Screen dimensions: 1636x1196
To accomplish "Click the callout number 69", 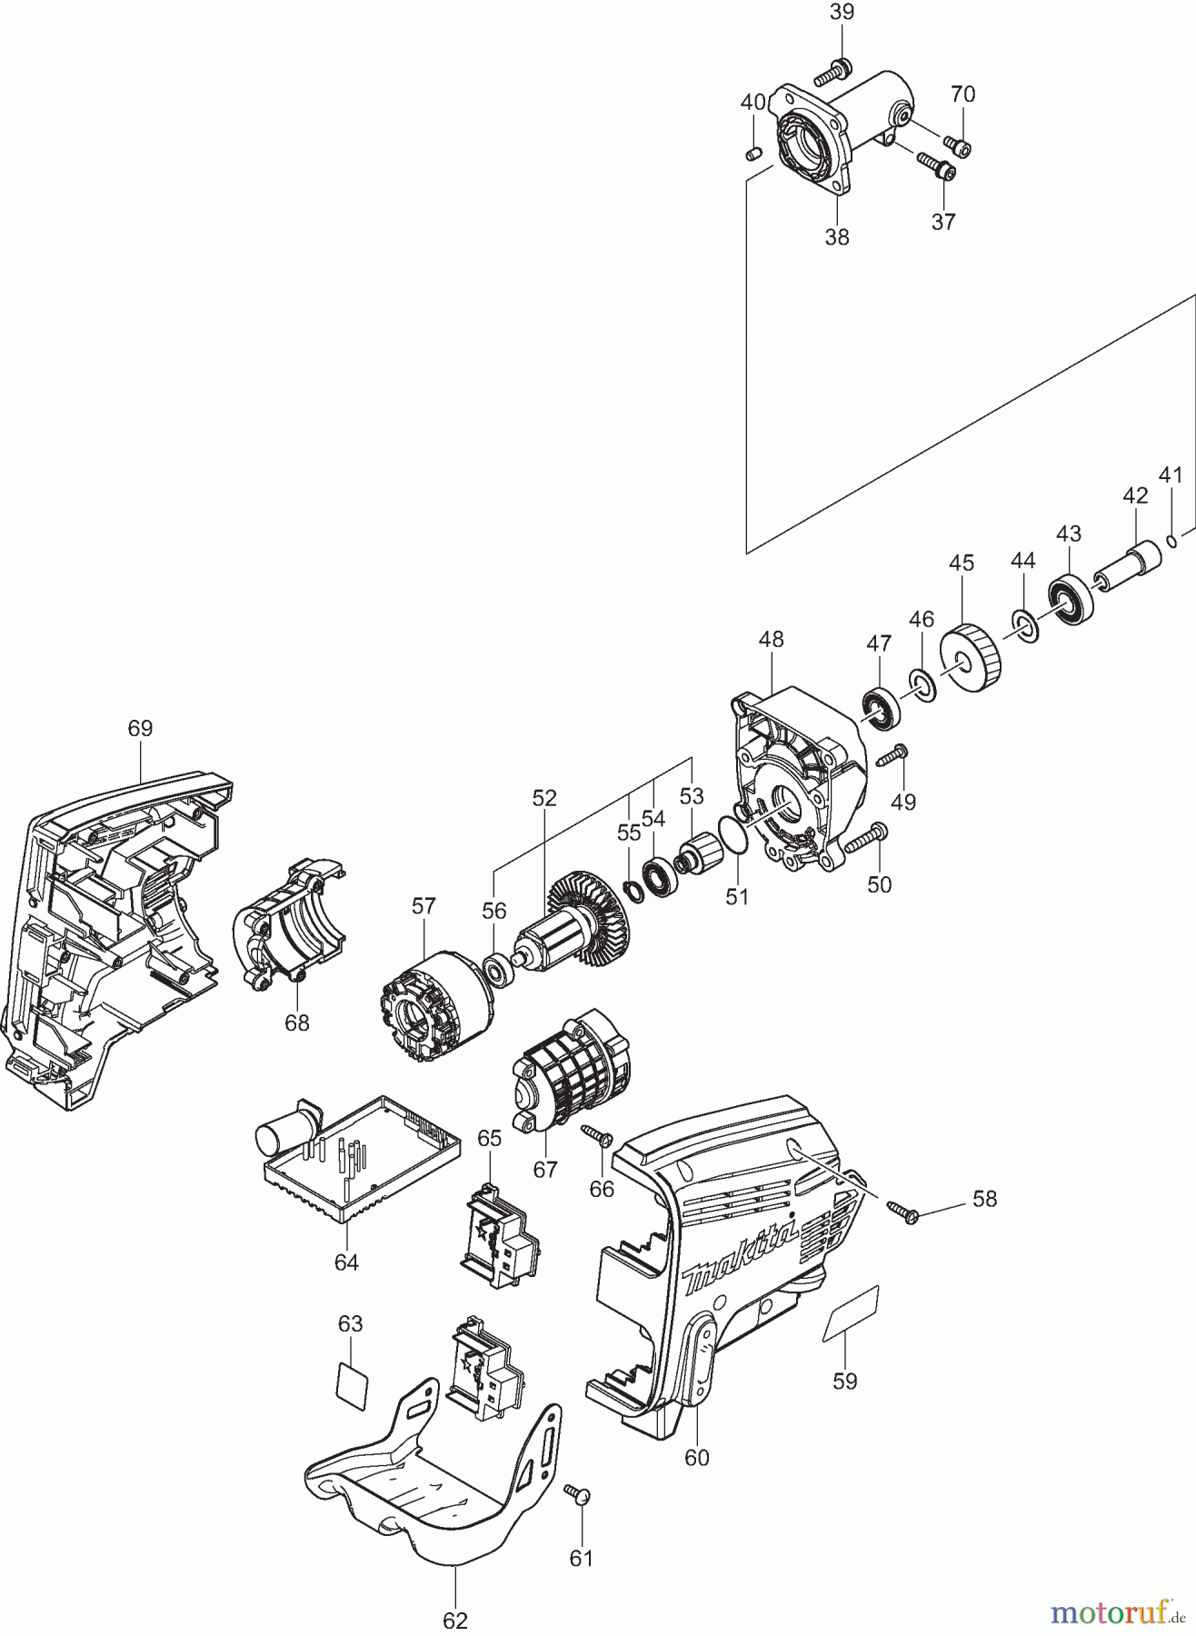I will click(140, 728).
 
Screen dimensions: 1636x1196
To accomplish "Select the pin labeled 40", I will click(752, 154).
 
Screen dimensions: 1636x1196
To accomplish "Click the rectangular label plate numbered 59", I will click(852, 1312).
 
